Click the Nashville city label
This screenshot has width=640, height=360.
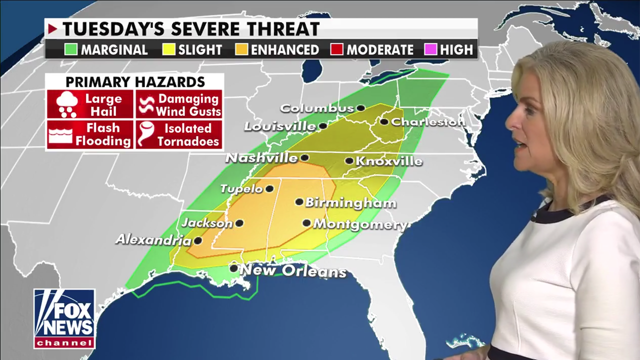point(261,158)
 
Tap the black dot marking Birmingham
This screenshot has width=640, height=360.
point(299,202)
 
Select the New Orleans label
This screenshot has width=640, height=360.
point(293,271)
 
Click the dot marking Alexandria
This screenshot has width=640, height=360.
point(198,240)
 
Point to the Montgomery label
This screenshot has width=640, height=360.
point(359,224)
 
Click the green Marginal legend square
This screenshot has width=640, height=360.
point(70,50)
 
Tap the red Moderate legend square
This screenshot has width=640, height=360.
point(336,50)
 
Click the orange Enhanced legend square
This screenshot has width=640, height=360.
point(242,50)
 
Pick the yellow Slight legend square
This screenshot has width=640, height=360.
point(167,50)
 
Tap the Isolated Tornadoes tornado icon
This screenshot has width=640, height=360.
point(147,134)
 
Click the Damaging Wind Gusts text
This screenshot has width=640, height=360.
point(188,105)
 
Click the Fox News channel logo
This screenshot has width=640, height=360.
point(64,318)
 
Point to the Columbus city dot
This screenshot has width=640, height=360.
point(360,107)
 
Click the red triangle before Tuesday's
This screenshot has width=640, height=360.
point(52,29)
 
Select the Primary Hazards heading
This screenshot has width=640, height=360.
point(135,82)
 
